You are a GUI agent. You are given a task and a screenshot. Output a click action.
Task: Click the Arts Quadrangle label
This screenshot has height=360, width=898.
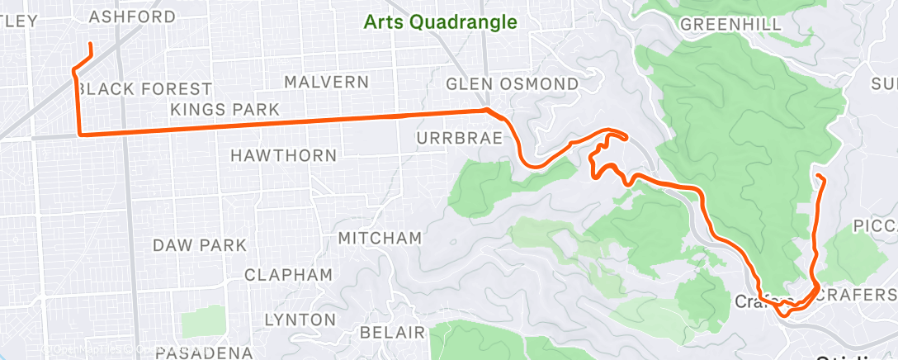[441, 22]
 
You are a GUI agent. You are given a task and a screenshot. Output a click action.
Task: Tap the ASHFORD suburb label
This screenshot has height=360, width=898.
[132, 17]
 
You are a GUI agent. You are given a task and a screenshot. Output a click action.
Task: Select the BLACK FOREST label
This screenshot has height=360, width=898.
[149, 88]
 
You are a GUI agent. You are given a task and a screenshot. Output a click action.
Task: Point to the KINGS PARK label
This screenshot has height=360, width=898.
[225, 109]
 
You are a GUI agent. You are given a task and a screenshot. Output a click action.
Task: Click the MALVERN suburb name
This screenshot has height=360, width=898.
[326, 82]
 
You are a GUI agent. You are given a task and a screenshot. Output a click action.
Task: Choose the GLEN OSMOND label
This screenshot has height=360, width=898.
[512, 84]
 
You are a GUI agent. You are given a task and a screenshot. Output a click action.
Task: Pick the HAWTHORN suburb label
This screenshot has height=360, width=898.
[283, 155]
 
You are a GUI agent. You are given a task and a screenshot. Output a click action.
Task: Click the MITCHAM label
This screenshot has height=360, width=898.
[380, 238]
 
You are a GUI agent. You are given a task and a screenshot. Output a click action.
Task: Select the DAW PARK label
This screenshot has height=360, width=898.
[200, 245]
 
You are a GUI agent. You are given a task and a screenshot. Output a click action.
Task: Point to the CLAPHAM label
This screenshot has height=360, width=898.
[288, 275]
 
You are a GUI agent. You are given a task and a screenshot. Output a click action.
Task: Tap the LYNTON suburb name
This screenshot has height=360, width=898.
[300, 320]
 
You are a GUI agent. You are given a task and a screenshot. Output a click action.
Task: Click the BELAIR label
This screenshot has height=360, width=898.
[393, 333]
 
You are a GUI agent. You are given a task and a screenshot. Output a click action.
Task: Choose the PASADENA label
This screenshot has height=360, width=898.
[203, 353]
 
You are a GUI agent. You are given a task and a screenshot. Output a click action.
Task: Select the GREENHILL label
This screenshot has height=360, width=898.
[730, 25]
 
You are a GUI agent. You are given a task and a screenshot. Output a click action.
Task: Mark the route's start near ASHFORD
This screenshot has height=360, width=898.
[89, 43]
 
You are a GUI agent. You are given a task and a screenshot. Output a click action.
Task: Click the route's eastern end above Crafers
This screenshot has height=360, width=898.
[817, 176]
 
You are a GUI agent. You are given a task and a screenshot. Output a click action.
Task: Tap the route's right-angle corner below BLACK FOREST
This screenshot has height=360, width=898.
[79, 133]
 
